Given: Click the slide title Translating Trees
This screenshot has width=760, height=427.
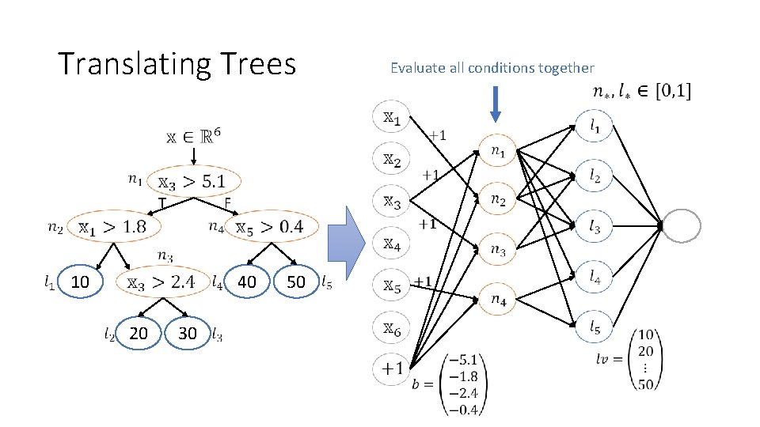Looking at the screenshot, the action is pos(177,64).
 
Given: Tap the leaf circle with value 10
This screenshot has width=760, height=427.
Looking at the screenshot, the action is pos(79,281).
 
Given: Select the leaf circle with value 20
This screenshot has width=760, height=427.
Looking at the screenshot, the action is pos(138,333).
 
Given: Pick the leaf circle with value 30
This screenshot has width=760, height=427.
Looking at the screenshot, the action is pos(187,333).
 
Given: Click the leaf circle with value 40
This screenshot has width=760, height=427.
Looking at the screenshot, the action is pos(247,281).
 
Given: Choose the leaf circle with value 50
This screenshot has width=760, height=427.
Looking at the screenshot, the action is pos(295,281).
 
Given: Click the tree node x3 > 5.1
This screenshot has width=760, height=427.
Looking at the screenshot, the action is pos(194,182).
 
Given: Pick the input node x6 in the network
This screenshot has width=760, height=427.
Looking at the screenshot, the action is pos(392,327).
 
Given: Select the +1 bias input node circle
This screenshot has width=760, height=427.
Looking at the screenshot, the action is pos(392,368).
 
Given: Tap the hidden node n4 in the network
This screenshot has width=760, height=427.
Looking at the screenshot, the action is pos(498,300).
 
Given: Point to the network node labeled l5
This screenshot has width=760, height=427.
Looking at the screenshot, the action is pos(594,324).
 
